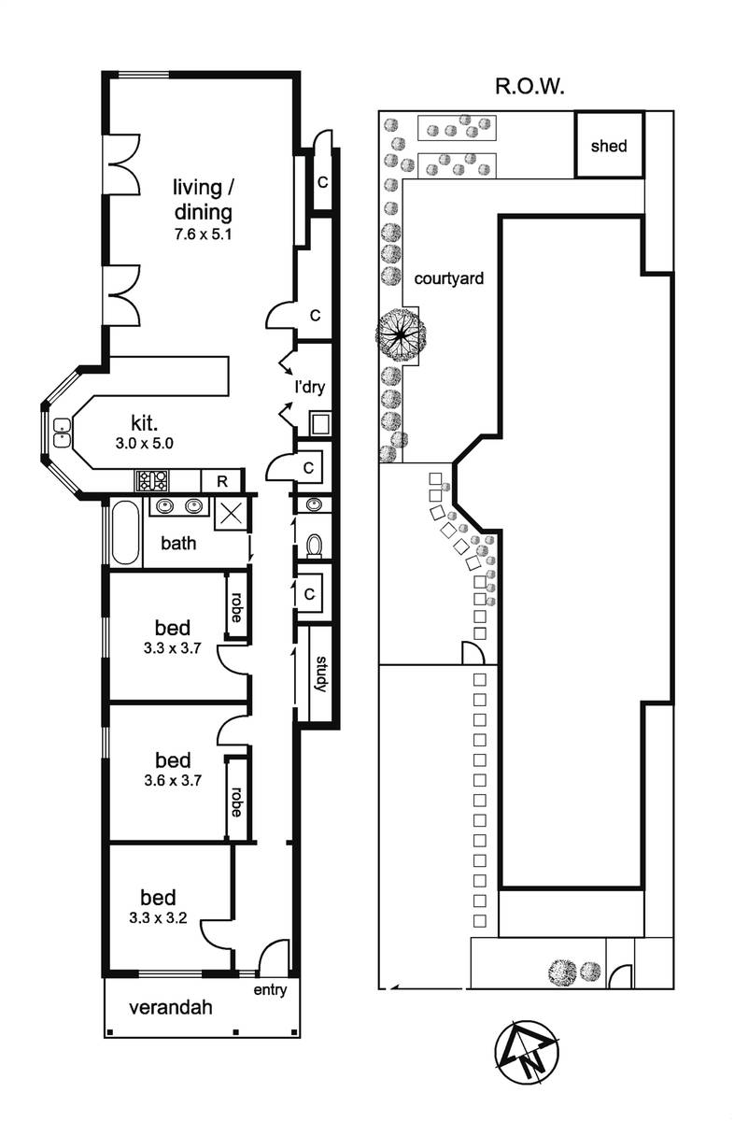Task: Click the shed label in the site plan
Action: [609, 146]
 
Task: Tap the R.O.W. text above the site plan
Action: [529, 87]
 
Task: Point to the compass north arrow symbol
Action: [527, 1052]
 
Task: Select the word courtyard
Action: [449, 278]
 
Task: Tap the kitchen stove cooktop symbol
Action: [152, 480]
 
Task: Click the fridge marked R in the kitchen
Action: [221, 481]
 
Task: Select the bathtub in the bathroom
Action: [125, 532]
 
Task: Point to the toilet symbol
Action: [314, 546]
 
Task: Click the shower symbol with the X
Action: [231, 513]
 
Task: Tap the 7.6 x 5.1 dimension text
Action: [204, 234]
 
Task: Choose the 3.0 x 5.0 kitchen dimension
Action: [144, 444]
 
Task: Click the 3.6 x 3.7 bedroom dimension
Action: [173, 780]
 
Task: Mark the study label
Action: [321, 674]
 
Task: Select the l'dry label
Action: [310, 387]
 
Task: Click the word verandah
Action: [171, 1007]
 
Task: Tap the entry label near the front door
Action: [270, 990]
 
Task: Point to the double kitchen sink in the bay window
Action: [63, 433]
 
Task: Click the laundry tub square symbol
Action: [319, 423]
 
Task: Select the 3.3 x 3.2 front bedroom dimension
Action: [158, 917]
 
